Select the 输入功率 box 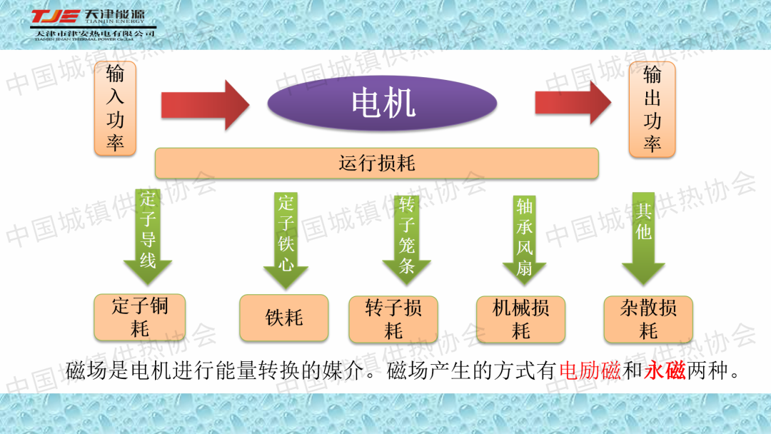(115, 108)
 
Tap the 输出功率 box (652, 108)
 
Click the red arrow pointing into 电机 (204, 105)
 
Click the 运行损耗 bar (376, 163)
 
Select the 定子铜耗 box (140, 317)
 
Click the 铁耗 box (284, 318)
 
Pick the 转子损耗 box (393, 319)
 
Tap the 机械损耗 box (520, 319)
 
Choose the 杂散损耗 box (648, 319)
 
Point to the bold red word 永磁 (665, 371)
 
